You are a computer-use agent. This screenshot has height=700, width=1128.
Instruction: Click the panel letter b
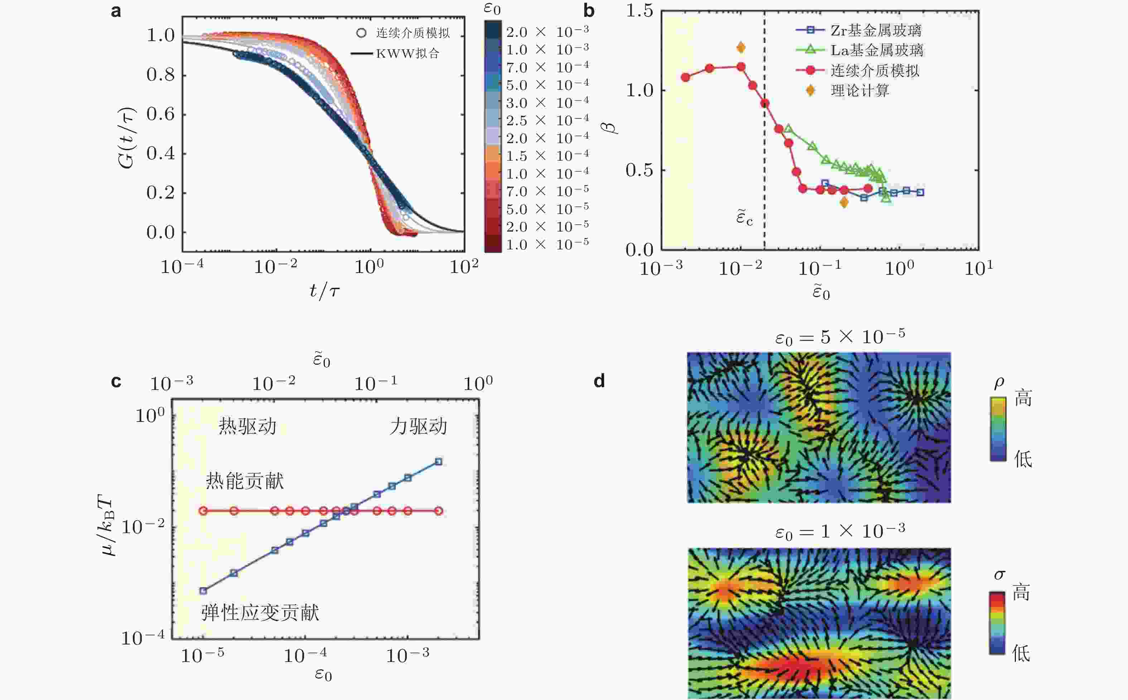[x=588, y=10]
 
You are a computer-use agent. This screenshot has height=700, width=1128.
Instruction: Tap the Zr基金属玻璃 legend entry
[x=875, y=30]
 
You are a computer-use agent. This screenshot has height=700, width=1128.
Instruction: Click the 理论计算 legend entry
[x=860, y=91]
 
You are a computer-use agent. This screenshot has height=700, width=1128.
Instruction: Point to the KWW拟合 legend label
[x=407, y=54]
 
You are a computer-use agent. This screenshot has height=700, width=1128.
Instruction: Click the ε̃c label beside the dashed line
[x=744, y=218]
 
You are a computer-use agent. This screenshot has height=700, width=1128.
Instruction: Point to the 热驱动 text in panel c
[x=247, y=426]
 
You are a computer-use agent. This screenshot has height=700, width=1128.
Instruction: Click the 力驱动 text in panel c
[x=418, y=426]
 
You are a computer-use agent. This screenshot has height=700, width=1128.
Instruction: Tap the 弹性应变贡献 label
[x=260, y=613]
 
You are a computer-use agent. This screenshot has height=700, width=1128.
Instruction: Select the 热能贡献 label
[x=245, y=481]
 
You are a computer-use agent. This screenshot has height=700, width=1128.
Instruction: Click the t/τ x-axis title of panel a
[x=324, y=291]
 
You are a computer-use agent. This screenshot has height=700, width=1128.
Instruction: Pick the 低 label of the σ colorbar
[x=1021, y=653]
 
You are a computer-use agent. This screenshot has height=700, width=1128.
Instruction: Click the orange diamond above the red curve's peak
[x=741, y=47]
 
